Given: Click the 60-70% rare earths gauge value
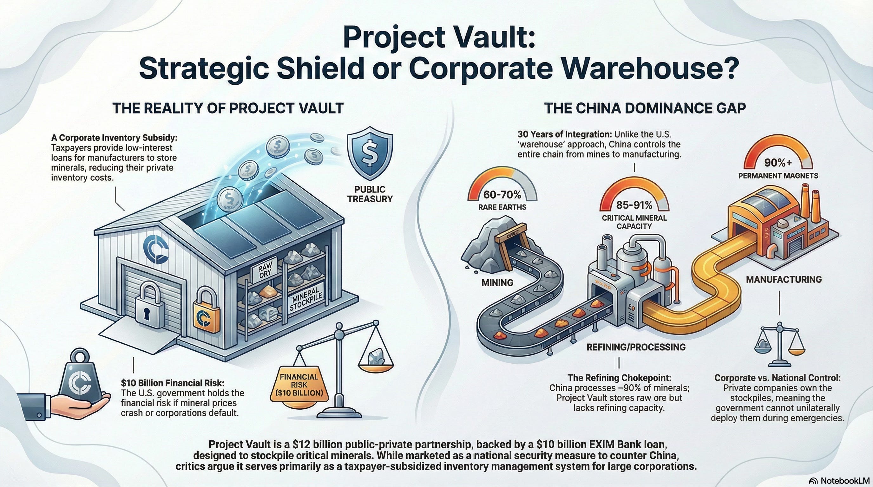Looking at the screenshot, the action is coord(502,195).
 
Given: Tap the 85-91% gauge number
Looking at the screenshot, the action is coord(634,205).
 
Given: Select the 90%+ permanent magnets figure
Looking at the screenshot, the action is coord(778,163).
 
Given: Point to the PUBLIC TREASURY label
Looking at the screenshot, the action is coord(370,194).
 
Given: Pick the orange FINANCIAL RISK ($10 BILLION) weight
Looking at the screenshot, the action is coord(299,385).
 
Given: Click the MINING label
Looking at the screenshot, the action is coord(497,282).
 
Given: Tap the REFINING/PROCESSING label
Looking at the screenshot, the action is coord(636,347).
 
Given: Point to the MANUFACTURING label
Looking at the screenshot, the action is coord(784,279).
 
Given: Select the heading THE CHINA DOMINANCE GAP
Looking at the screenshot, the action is coord(645,108).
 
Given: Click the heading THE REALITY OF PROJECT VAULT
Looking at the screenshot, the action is coord(228,108).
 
